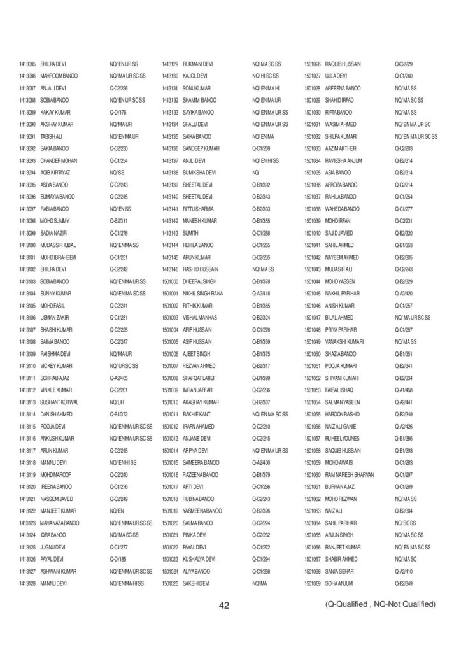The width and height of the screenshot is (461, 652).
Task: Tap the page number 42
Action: point(223,604)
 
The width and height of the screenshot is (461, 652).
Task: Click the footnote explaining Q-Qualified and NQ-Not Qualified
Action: point(380,604)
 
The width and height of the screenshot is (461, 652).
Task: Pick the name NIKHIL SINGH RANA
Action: point(203,293)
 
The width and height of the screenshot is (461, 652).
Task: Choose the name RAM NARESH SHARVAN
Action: point(350,474)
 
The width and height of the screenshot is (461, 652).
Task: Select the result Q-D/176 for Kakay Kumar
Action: point(118,112)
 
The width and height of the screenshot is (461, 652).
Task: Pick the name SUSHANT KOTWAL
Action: point(59,402)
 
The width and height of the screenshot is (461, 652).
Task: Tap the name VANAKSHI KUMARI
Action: point(344,341)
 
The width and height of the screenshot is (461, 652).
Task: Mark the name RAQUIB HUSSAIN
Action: point(343,64)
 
